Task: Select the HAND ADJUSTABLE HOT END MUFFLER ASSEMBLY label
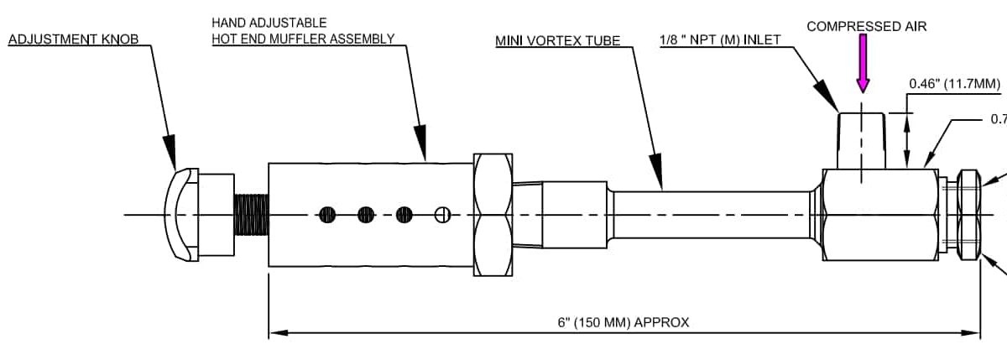[x=302, y=30]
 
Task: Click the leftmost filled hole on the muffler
[x=327, y=215]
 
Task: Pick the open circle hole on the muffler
[x=443, y=215]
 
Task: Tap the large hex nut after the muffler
[x=493, y=215]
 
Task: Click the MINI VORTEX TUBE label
[x=557, y=41]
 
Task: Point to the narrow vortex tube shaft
[x=713, y=215]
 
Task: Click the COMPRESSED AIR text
[x=866, y=27]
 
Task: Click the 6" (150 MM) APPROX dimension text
[x=623, y=322]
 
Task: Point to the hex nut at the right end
[x=968, y=215]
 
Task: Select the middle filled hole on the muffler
[x=366, y=215]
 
